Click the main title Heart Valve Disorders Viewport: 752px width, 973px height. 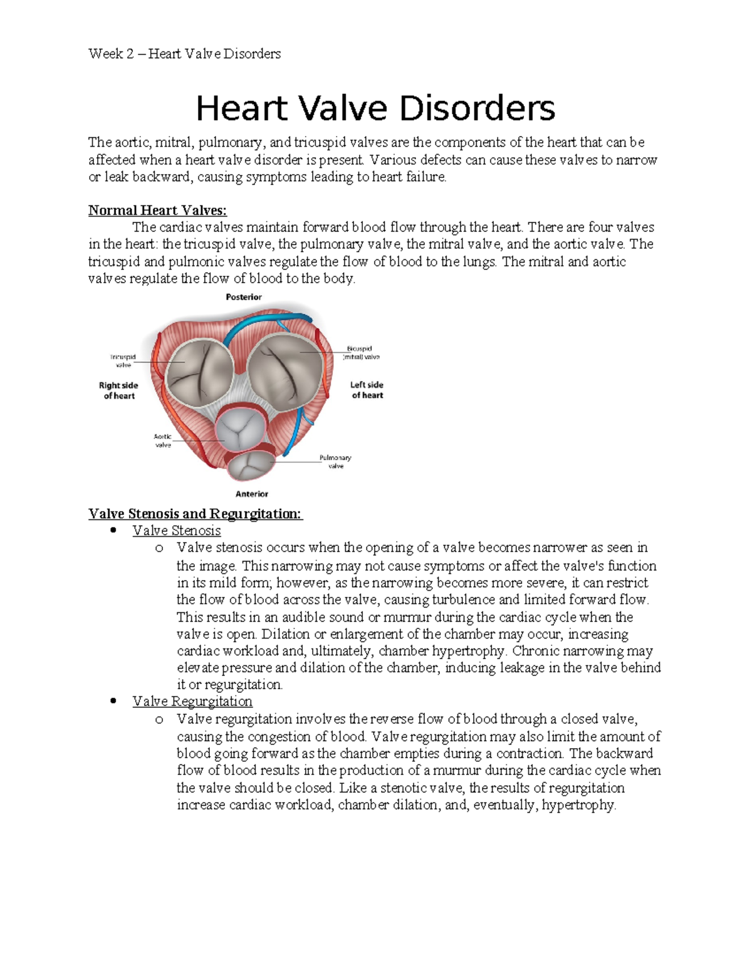pyautogui.click(x=375, y=109)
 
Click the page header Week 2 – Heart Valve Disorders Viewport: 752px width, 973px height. pyautogui.click(x=184, y=54)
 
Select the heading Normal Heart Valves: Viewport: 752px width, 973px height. pyautogui.click(x=157, y=211)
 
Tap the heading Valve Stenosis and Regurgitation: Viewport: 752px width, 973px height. pyautogui.click(x=196, y=514)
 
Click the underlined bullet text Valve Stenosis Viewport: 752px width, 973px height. pyautogui.click(x=177, y=531)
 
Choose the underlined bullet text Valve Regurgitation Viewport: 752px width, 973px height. pyautogui.click(x=192, y=702)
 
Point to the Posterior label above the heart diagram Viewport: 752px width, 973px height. pyautogui.click(x=244, y=297)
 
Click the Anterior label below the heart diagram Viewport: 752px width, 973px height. pyautogui.click(x=252, y=494)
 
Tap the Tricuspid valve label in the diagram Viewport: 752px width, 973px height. pyautogui.click(x=123, y=361)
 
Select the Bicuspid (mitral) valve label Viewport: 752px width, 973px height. pyautogui.click(x=361, y=353)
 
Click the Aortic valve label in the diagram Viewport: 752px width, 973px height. pyautogui.click(x=163, y=440)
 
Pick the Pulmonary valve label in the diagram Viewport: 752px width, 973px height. pyautogui.click(x=336, y=462)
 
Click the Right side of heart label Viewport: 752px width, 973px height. pyautogui.click(x=118, y=390)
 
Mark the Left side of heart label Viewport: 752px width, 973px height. pyautogui.click(x=367, y=390)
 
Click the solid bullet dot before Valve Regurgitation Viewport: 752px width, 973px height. pyautogui.click(x=113, y=702)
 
